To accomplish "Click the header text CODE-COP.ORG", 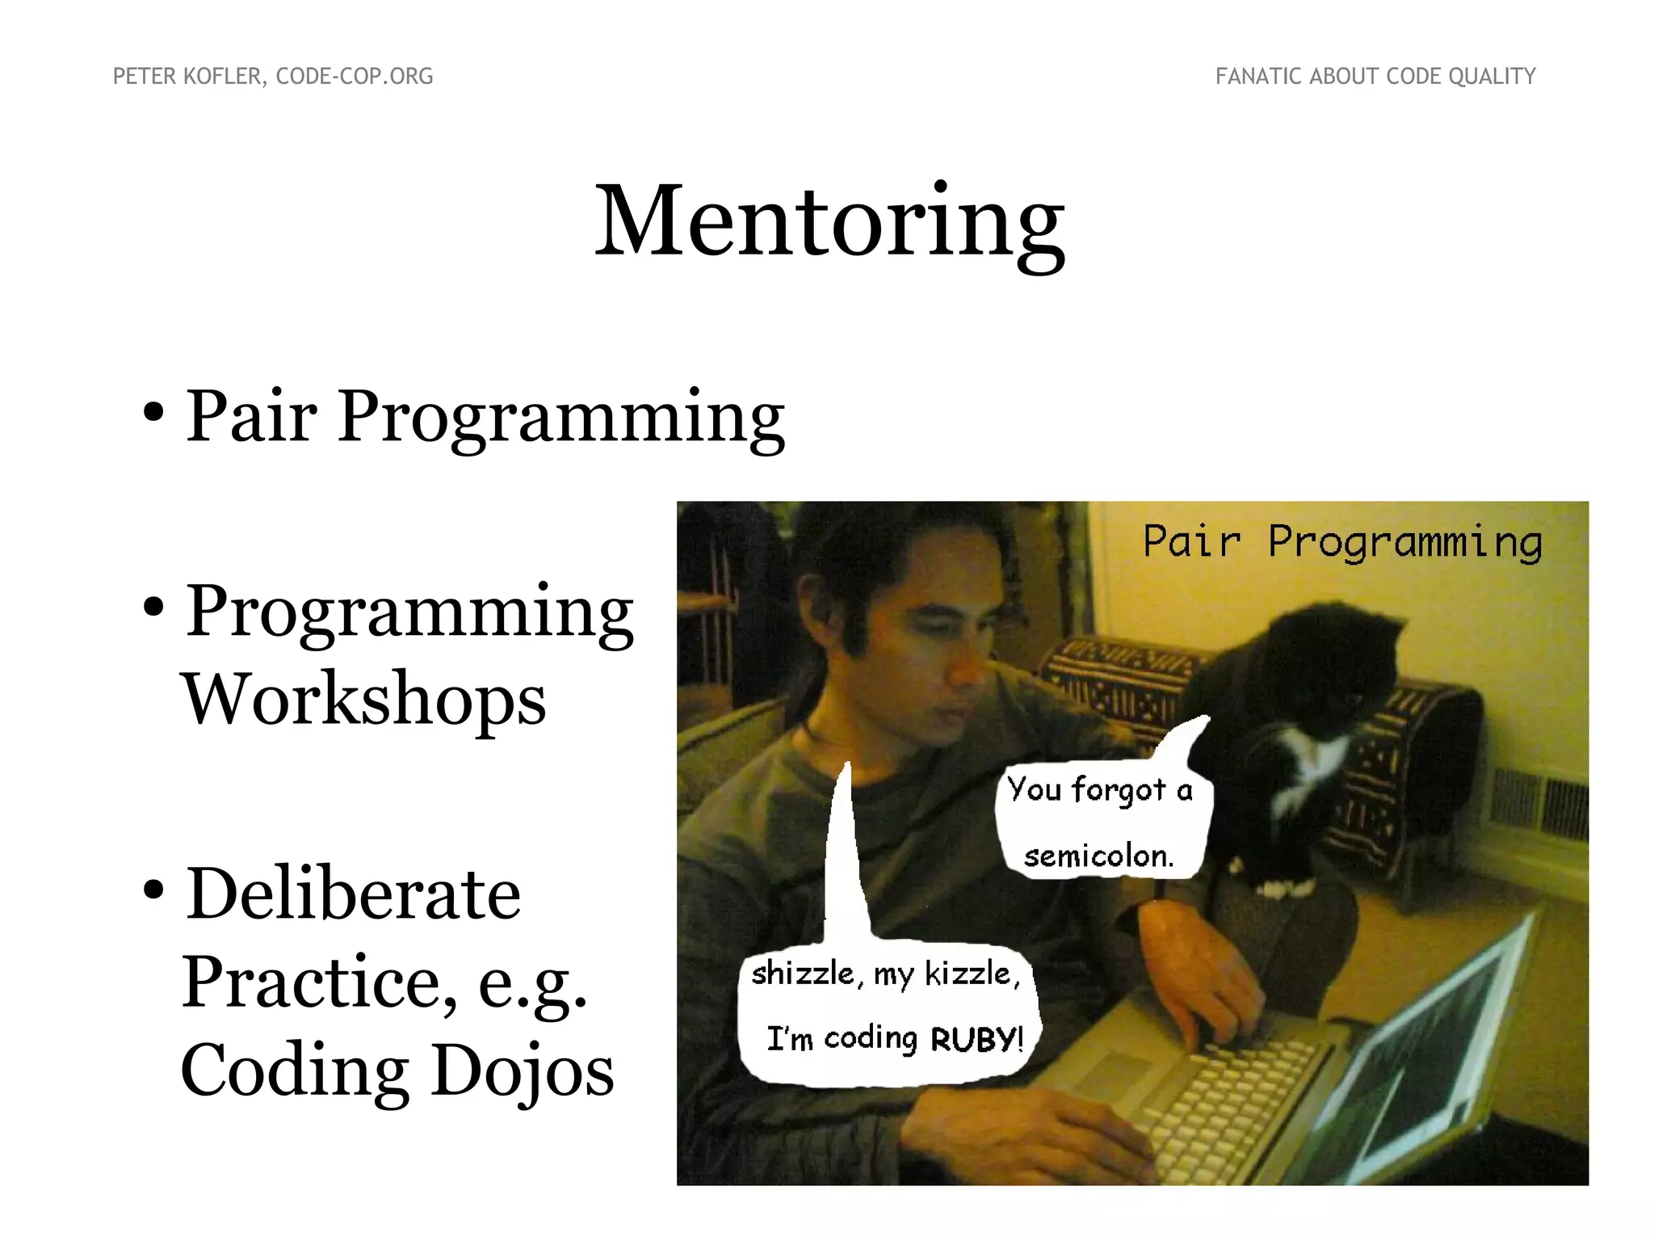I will [x=354, y=77].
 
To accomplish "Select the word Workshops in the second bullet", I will [x=364, y=700].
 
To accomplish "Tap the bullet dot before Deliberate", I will [x=153, y=889].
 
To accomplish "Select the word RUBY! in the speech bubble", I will [x=977, y=1038].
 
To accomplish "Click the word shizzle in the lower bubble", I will [x=802, y=974].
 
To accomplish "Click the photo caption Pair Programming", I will [x=1342, y=541].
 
